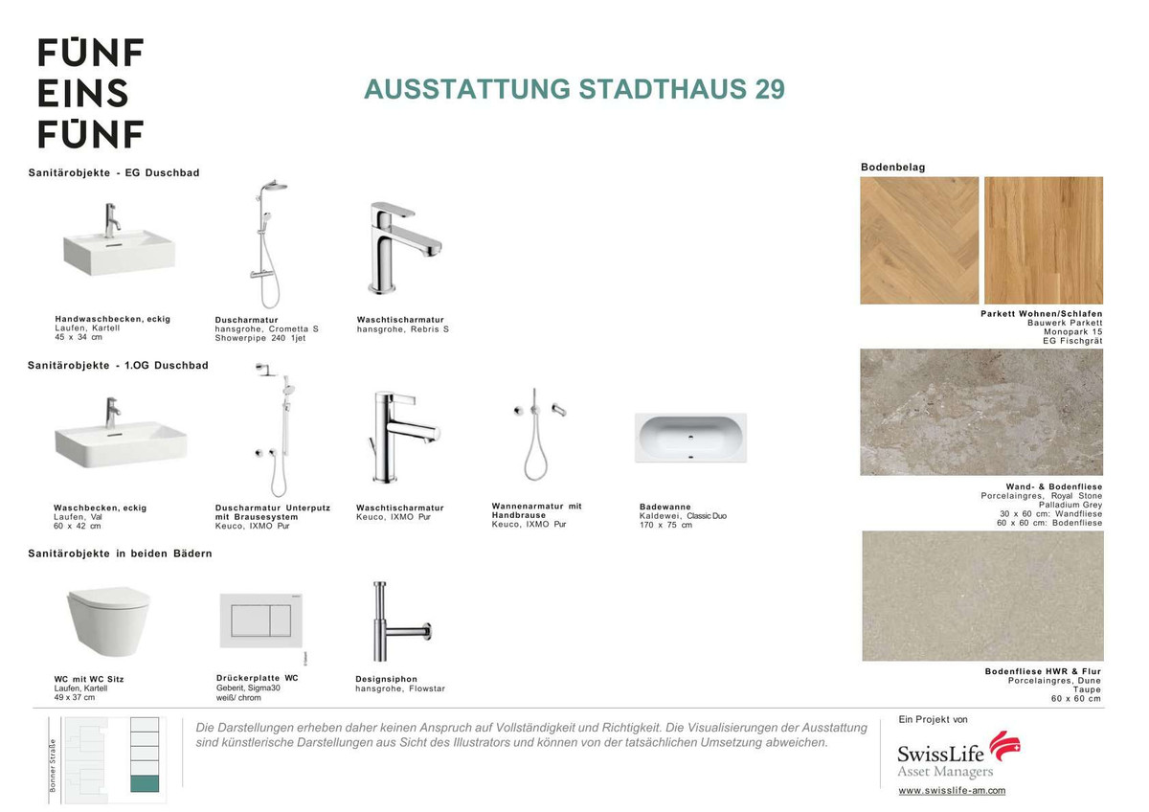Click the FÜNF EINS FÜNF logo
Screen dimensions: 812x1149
(x=90, y=94)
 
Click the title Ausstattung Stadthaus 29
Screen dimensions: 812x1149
(x=574, y=89)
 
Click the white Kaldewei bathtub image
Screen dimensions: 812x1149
(x=690, y=438)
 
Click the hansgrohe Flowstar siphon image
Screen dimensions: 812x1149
(x=398, y=623)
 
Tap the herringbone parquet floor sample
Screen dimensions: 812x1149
(x=919, y=240)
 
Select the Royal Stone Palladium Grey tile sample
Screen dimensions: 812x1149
(x=981, y=412)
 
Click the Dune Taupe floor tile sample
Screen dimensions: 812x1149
(x=981, y=596)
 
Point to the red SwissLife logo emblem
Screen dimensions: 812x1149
(x=1004, y=745)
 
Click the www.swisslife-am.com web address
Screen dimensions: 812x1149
(x=952, y=790)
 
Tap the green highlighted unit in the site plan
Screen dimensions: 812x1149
(x=145, y=784)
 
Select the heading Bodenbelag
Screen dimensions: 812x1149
(x=893, y=168)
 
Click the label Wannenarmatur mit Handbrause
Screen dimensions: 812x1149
(x=536, y=510)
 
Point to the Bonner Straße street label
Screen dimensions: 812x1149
(x=53, y=766)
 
